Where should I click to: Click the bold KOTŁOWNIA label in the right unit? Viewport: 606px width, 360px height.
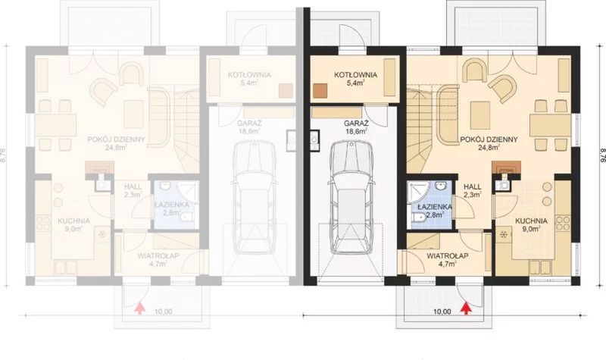(353, 75)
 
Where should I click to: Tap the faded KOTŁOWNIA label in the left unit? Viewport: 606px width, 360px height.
(249, 75)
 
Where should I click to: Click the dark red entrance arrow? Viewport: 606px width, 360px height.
(467, 308)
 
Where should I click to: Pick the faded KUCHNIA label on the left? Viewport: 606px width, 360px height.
(73, 221)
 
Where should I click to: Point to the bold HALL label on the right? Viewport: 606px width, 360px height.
(473, 186)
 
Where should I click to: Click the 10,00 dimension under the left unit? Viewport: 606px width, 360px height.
(163, 310)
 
